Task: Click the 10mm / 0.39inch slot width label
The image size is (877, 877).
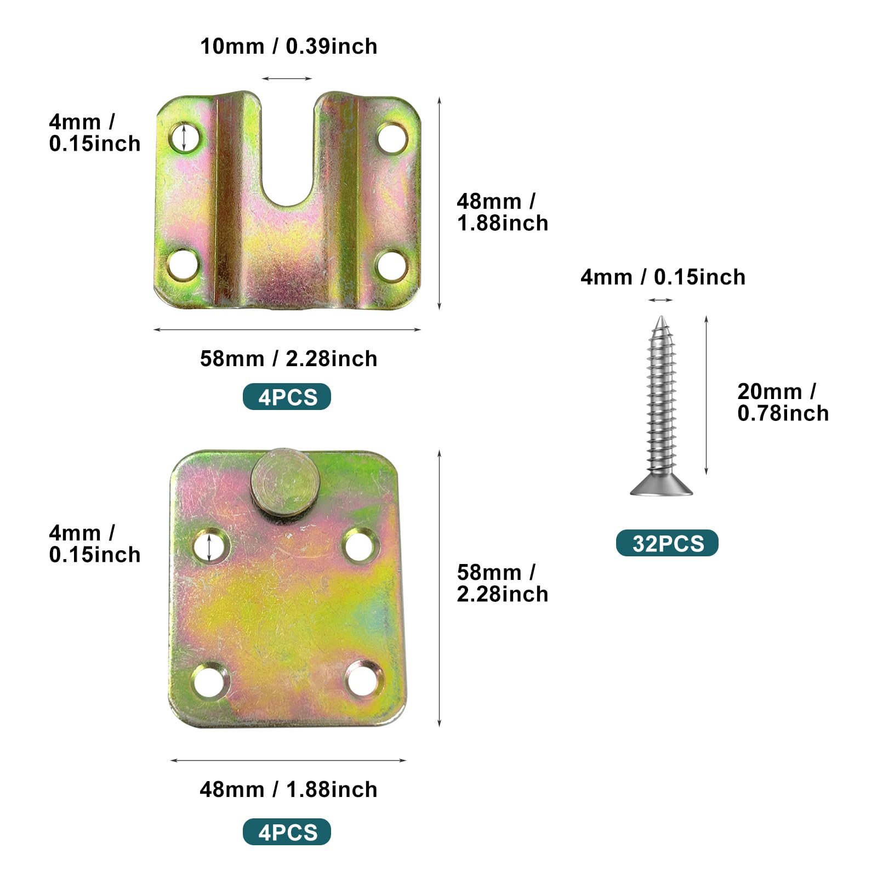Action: [288, 47]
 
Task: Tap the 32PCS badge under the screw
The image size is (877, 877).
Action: [667, 543]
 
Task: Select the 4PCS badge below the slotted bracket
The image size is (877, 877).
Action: [287, 397]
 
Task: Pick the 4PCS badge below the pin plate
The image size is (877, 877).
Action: [287, 832]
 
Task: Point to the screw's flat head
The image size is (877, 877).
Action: [662, 485]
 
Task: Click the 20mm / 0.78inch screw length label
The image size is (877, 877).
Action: [783, 402]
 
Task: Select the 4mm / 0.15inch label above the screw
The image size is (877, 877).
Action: [663, 277]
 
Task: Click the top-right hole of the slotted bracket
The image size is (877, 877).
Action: [392, 139]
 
